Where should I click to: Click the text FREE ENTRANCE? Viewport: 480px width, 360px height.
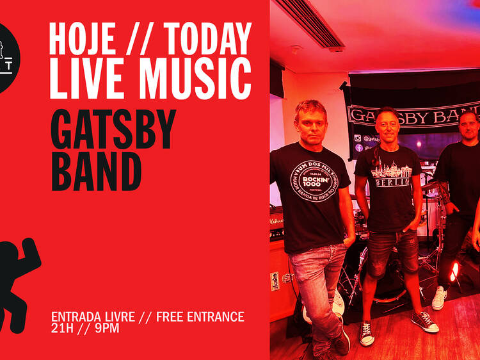(x=200, y=316)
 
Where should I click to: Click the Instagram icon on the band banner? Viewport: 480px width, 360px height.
(x=357, y=138)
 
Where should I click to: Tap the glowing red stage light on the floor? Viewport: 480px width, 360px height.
(x=455, y=272)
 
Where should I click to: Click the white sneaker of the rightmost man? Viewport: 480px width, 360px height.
(x=439, y=297)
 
